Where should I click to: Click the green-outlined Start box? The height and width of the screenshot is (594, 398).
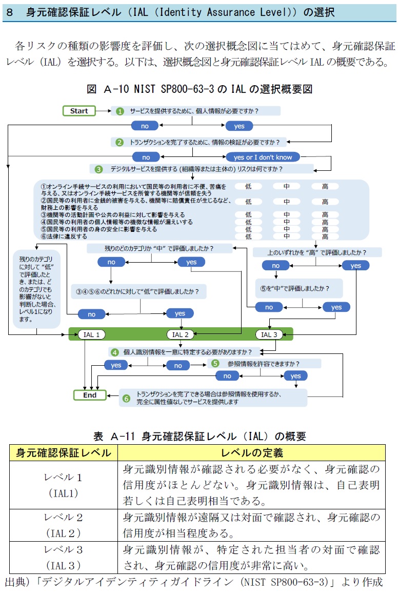tap(79, 111)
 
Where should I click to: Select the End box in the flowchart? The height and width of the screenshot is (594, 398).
tap(90, 395)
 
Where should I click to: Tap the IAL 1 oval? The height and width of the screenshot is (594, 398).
tap(92, 334)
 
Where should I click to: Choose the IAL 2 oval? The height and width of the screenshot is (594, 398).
tap(181, 334)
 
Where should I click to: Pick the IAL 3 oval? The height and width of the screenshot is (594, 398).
tap(269, 334)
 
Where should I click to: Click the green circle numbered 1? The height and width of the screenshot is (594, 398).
tap(120, 111)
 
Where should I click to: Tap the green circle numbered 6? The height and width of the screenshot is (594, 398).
tap(126, 398)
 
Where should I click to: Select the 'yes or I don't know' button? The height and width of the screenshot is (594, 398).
tap(263, 157)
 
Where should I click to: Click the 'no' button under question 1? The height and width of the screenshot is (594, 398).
tap(145, 126)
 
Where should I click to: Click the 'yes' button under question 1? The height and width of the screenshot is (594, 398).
tap(239, 126)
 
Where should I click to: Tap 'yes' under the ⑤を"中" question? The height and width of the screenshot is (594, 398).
tap(336, 307)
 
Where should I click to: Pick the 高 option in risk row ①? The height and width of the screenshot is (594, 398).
tap(325, 187)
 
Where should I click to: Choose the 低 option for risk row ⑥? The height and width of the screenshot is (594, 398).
tap(248, 236)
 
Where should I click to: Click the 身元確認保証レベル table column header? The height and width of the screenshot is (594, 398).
tap(64, 453)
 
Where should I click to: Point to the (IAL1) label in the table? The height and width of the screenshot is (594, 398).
tap(64, 493)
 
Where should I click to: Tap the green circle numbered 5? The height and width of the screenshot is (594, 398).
tap(215, 364)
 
